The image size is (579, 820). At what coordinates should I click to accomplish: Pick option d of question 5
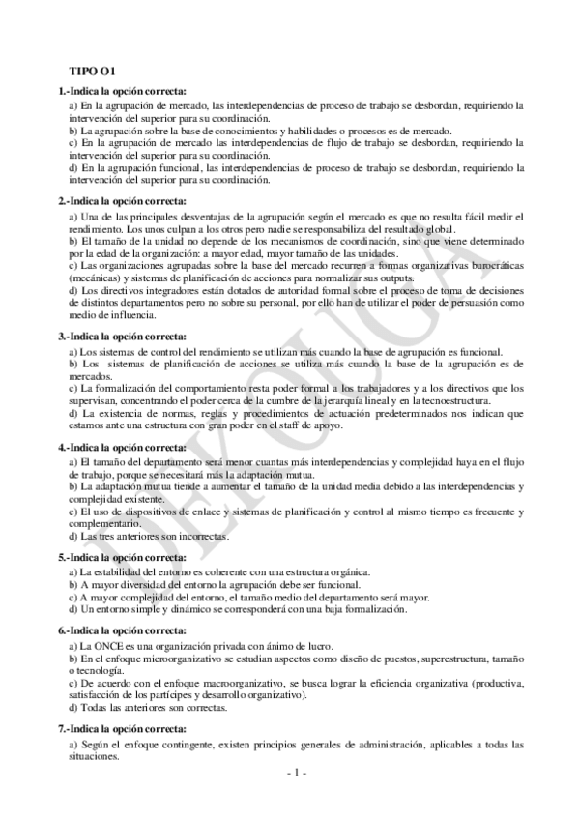(238, 609)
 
